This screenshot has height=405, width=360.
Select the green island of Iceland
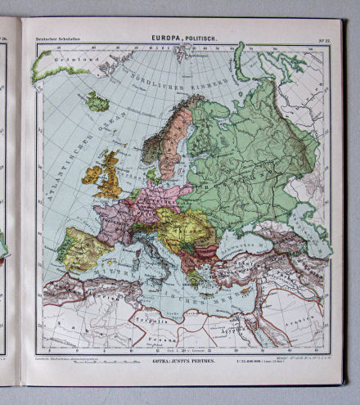pyautogui.click(x=98, y=102)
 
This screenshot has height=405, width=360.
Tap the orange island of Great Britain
pyautogui.click(x=109, y=173)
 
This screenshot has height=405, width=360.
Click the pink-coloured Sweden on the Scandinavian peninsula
pyautogui.click(x=173, y=139)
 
